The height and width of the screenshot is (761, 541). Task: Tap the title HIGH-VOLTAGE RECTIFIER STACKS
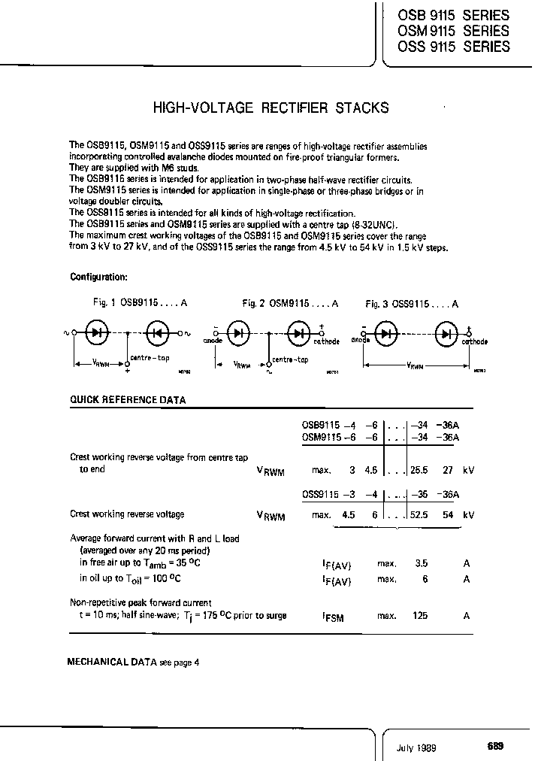(270, 108)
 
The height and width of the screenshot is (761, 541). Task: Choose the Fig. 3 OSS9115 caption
(412, 303)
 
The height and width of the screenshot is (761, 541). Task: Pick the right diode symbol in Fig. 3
(449, 333)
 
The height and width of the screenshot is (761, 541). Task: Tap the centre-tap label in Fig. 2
(290, 359)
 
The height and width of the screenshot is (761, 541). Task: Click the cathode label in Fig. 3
(474, 341)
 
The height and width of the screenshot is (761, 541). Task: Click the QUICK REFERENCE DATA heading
(127, 401)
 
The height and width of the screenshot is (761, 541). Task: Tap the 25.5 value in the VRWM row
(419, 470)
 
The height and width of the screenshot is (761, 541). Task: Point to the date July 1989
(416, 747)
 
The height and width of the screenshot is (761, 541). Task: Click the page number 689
(495, 747)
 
